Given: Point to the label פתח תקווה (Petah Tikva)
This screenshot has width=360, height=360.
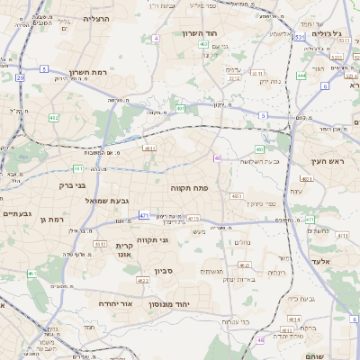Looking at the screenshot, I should pyautogui.click(x=189, y=188).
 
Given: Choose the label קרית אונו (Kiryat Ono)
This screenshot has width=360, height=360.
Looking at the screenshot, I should pyautogui.click(x=124, y=250).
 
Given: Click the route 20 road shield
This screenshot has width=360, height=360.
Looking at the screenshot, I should pyautogui.click(x=20, y=77).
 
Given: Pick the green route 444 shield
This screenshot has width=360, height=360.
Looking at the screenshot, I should pyautogui.click(x=301, y=76).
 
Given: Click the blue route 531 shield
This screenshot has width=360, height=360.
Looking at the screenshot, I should pyautogui.click(x=298, y=38).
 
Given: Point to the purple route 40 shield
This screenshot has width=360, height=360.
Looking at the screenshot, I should pyautogui.click(x=218, y=158).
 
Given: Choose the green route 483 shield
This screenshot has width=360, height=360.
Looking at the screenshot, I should pyautogui.click(x=259, y=149).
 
